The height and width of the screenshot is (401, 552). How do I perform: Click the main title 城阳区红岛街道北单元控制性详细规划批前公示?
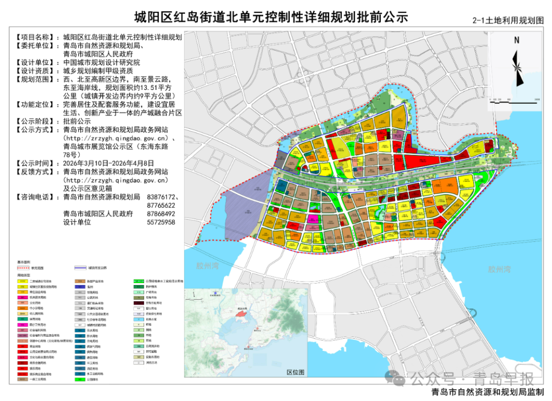click(x=271, y=17)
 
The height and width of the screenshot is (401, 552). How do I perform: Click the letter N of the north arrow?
click(x=517, y=40)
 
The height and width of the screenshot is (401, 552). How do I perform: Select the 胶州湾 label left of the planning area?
click(x=208, y=266)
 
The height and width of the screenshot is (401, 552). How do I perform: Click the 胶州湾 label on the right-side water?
click(x=499, y=269)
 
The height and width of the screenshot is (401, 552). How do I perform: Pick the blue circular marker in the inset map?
click(x=214, y=293)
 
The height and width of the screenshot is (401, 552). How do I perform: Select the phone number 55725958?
click(x=160, y=222)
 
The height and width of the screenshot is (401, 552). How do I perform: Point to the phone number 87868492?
click(x=160, y=214)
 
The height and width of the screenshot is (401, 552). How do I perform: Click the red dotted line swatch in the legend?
click(x=24, y=267)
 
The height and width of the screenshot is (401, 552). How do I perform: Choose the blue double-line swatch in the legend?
click(x=80, y=267)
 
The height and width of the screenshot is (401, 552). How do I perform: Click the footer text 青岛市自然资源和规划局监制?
click(x=488, y=393)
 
